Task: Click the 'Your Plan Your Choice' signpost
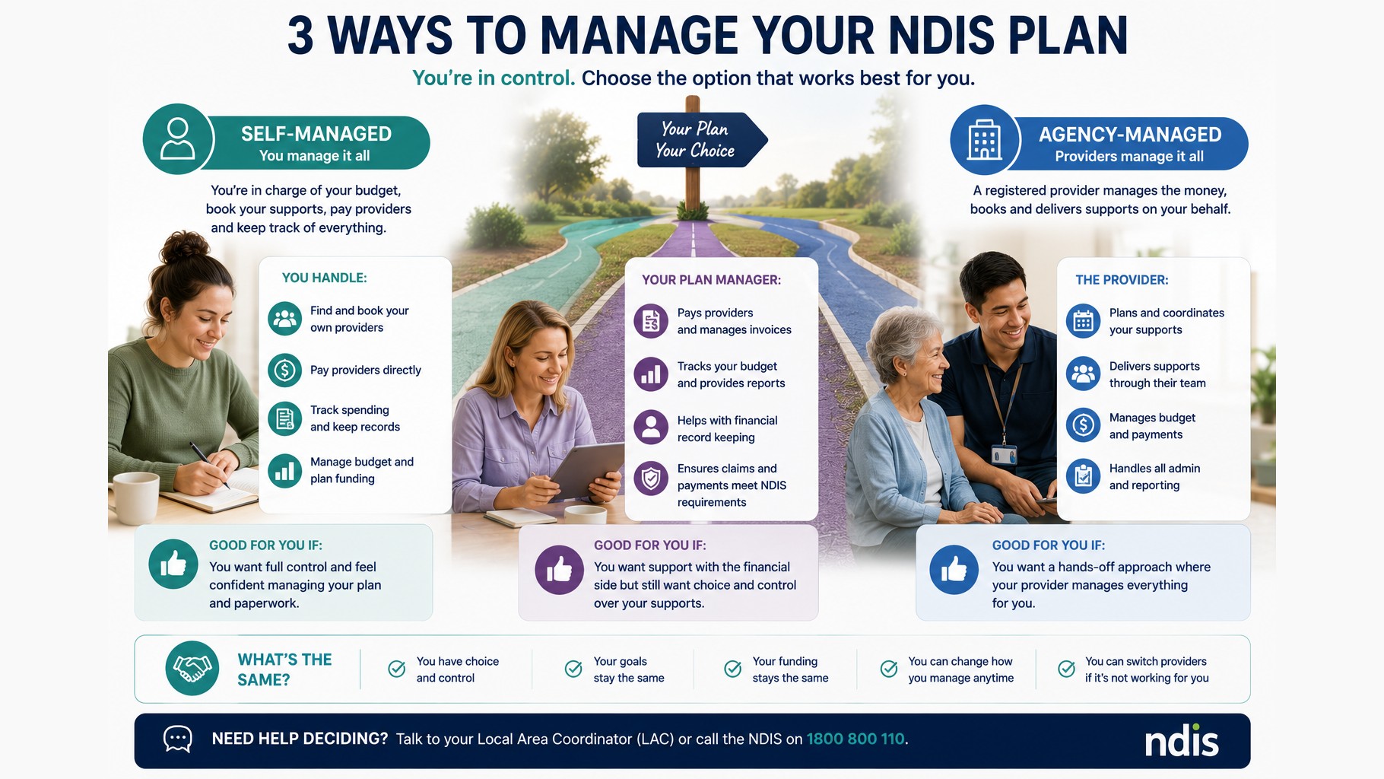pos(700,140)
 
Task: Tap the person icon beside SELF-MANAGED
pos(178,139)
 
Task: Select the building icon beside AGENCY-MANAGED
pos(985,140)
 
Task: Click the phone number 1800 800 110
pos(855,739)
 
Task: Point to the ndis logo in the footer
pos(1182,741)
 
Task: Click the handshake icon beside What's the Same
pos(192,669)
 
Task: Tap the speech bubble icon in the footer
pos(178,739)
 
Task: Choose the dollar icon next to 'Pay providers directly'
pos(285,370)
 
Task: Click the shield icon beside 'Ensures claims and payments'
pos(651,479)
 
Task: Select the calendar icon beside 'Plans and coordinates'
pos(1084,321)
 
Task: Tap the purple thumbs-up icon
pos(560,569)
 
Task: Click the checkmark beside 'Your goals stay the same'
pos(573,669)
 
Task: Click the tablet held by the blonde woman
pos(586,472)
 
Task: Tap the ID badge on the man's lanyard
pos(1004,455)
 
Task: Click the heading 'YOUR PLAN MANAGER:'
pos(711,280)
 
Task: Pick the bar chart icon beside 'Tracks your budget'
pos(651,374)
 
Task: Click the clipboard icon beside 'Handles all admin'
pos(1084,476)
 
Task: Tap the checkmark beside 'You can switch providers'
pos(1067,669)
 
